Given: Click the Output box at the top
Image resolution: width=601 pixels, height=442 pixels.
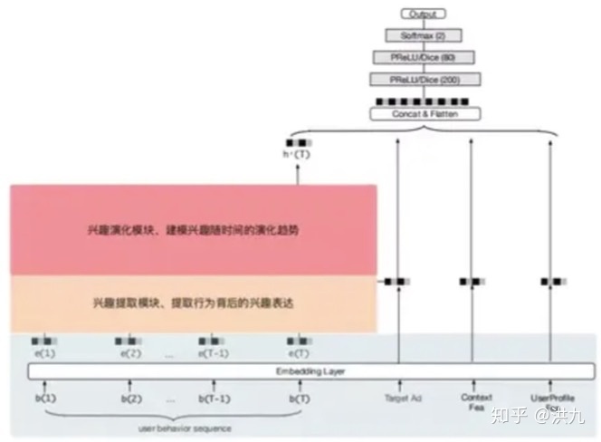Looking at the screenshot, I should pos(424,14).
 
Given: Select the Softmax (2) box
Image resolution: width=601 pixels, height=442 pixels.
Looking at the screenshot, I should pos(424,35).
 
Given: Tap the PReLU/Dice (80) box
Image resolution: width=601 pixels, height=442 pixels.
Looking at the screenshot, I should pos(424,57).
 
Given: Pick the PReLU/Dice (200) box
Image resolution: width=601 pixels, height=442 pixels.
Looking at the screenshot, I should pos(424,80).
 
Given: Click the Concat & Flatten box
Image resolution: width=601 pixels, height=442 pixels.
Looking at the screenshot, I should pos(424,115).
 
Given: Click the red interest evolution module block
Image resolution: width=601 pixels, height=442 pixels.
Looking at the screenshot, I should pos(194,230).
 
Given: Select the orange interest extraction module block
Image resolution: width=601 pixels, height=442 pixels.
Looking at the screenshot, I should pos(194,303).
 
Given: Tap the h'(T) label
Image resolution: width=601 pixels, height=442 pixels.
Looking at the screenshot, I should pos(298,155).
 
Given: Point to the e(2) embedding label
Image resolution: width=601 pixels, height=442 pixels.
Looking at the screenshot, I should pos(129,352).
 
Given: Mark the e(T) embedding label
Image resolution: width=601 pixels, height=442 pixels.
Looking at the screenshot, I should pos(298,352).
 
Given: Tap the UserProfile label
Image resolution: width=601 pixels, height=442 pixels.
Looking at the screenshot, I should pos(551,399).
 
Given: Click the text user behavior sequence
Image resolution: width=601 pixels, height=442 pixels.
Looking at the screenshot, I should pos(171,428).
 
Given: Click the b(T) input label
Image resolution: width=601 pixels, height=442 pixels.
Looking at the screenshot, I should pos(296,399).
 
